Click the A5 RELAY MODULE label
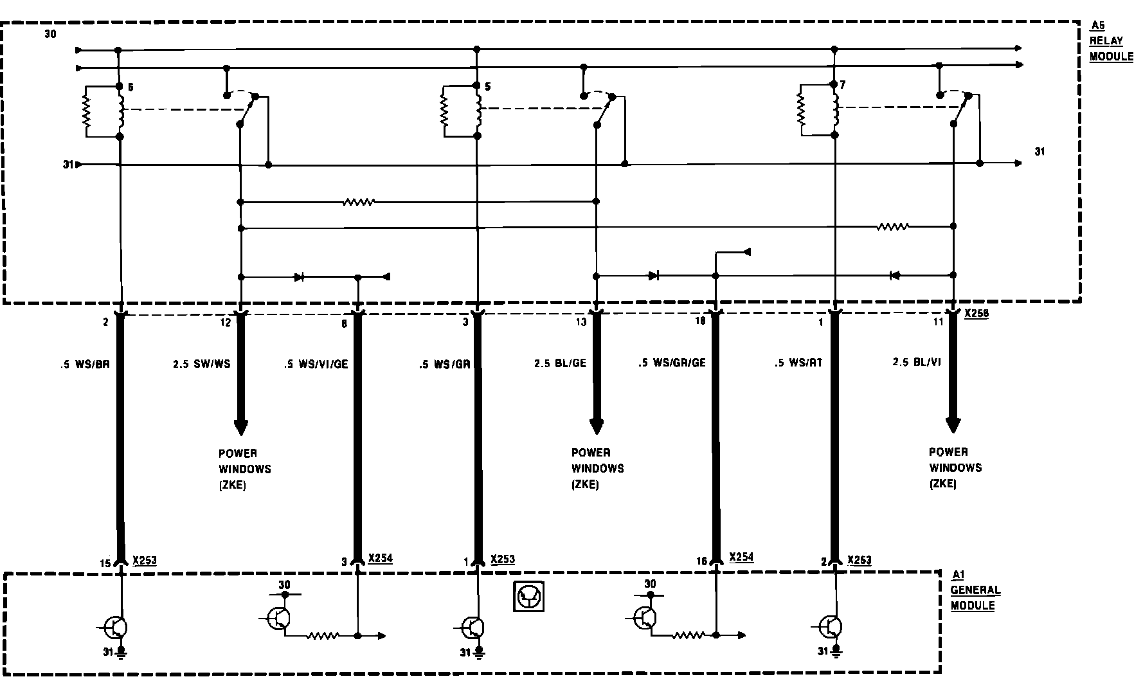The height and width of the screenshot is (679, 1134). (x=1110, y=41)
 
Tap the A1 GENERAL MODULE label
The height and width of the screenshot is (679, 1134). (x=975, y=590)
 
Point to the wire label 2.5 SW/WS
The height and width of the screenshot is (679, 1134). (x=201, y=364)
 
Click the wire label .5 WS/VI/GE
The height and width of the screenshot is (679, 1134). (x=316, y=364)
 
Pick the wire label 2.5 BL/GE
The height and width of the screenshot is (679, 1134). (x=560, y=363)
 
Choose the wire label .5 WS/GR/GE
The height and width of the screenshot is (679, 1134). (x=672, y=363)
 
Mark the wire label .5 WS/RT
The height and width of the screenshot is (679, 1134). (x=798, y=363)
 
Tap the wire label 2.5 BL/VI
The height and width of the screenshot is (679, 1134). (x=916, y=363)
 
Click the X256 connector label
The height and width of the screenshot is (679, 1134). (x=976, y=314)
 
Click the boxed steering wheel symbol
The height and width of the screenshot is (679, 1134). (x=528, y=596)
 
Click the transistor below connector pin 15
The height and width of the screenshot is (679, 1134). (x=116, y=626)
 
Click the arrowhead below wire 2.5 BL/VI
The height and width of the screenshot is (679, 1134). (x=953, y=425)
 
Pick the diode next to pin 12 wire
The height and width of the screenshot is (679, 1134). (x=299, y=277)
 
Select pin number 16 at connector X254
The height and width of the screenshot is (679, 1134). (x=701, y=561)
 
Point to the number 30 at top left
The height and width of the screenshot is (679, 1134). (x=50, y=34)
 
